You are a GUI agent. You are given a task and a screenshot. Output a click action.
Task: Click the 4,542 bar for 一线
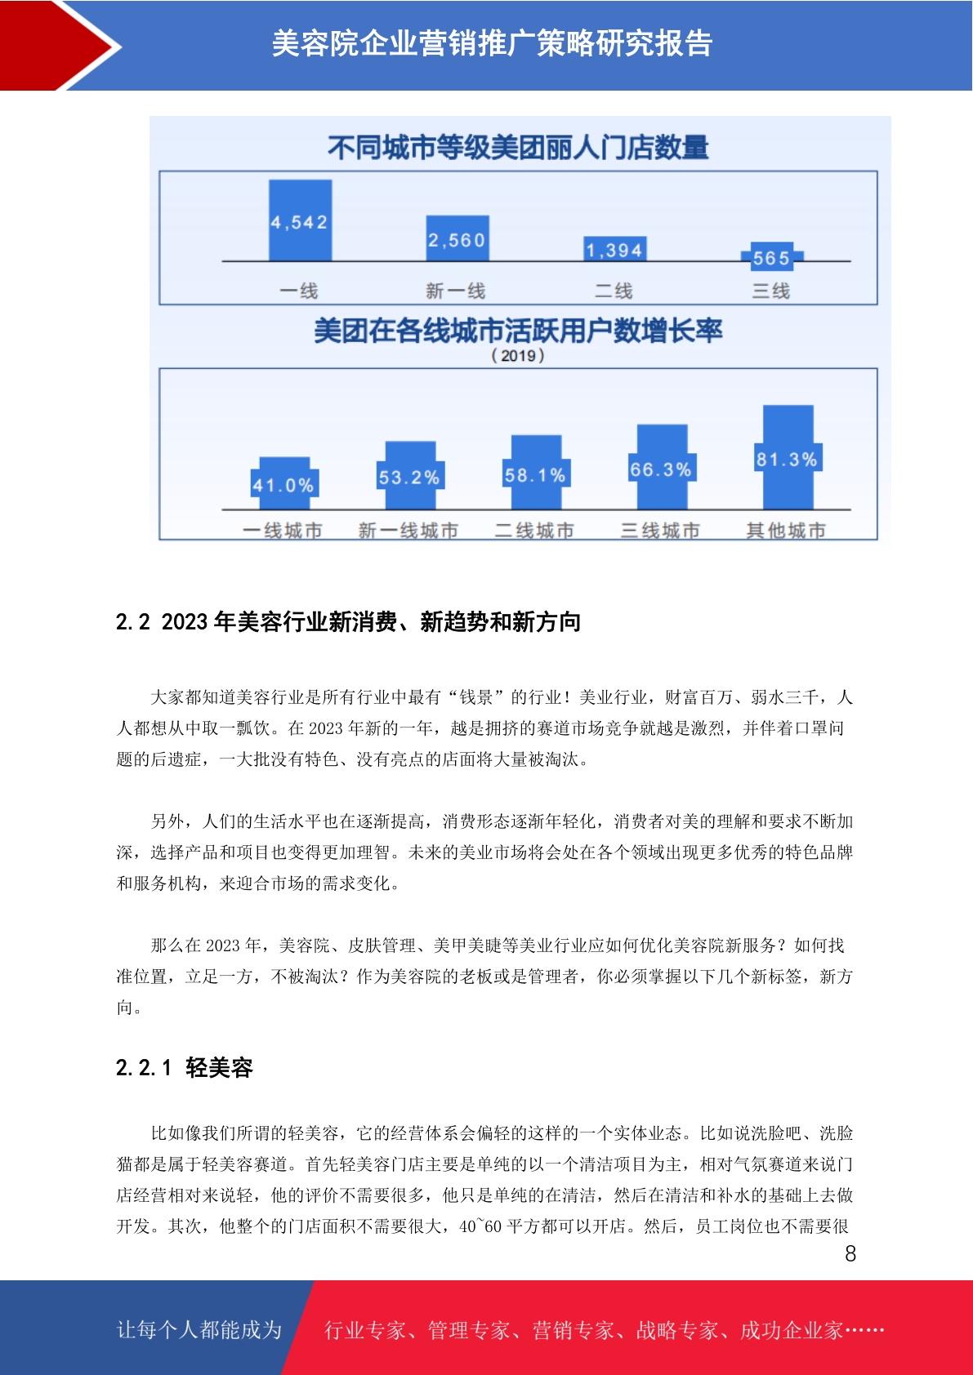pos(301,220)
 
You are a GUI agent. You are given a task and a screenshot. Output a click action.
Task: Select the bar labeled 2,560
pos(457,238)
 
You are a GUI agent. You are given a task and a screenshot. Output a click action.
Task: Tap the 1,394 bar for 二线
pos(615,248)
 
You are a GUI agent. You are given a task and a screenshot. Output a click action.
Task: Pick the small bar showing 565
pos(772,256)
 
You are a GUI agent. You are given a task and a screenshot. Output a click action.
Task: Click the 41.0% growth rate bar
pos(284,483)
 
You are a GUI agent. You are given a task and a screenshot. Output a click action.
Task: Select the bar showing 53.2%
pos(410,475)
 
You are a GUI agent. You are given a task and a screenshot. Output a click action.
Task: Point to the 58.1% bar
pos(536,472)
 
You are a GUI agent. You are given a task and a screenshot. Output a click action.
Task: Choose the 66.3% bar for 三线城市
pos(663,466)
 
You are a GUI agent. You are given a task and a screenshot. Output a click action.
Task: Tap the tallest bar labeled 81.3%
pos(788,457)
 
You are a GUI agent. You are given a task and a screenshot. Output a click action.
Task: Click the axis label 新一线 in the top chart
pos(456,291)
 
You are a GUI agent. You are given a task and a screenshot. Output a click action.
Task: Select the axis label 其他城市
pos(786,531)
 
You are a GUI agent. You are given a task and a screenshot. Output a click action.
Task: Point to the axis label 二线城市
pos(534,531)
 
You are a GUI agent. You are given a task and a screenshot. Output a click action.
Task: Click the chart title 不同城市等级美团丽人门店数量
pos(518,148)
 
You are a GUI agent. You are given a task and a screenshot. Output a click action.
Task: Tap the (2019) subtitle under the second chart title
pos(518,355)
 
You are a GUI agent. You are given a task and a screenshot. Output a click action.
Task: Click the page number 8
pos(850,1254)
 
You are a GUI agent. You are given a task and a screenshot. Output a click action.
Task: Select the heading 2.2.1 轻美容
pos(185,1067)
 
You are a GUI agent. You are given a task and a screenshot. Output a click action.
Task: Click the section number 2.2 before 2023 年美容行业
pos(132,622)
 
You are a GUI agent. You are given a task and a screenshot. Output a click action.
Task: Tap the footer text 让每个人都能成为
pos(199,1329)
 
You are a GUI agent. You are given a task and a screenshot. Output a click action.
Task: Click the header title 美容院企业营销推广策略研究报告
pos(492,43)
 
